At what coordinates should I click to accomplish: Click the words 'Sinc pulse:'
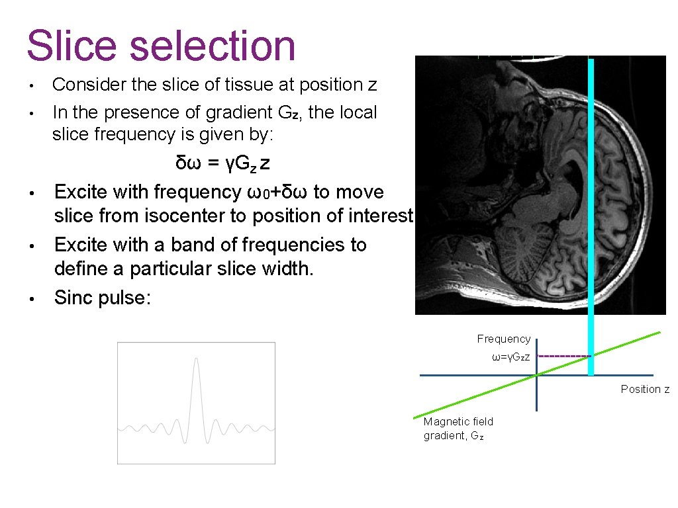pyautogui.click(x=103, y=298)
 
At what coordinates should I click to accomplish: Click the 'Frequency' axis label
pyautogui.click(x=503, y=339)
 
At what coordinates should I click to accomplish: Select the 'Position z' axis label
pyautogui.click(x=644, y=389)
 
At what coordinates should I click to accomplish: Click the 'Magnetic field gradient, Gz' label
pyautogui.click(x=458, y=429)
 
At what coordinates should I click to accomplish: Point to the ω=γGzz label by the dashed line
pyautogui.click(x=510, y=357)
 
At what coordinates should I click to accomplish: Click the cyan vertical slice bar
pyautogui.click(x=591, y=198)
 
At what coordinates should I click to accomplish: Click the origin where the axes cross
pyautogui.click(x=536, y=375)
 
